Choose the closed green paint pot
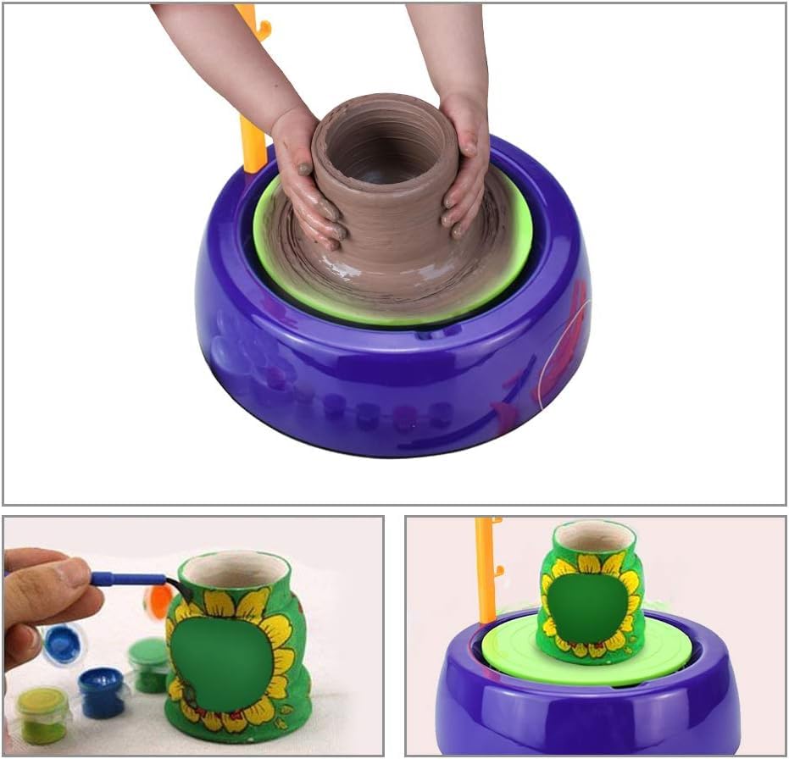click(x=149, y=665)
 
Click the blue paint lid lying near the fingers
click(x=64, y=645)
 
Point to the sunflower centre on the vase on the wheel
click(x=592, y=607)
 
